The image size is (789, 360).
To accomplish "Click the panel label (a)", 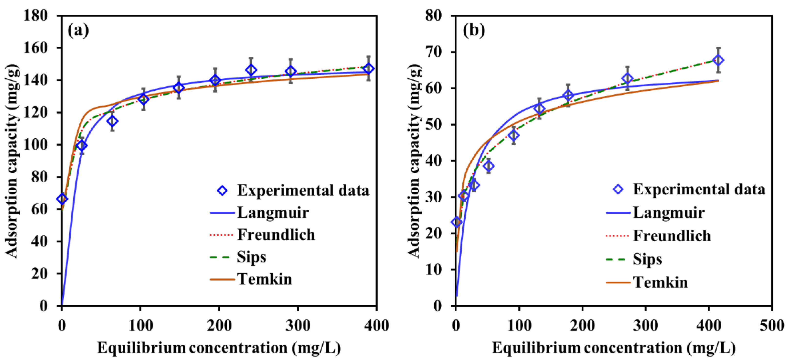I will click(78, 31).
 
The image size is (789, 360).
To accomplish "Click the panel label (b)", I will click(474, 31).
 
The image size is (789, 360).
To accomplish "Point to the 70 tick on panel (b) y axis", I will click(433, 52).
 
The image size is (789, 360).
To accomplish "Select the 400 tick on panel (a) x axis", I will click(376, 325).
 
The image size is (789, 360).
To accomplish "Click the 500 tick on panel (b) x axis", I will click(772, 325).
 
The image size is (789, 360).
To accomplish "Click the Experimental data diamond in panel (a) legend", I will click(222, 191).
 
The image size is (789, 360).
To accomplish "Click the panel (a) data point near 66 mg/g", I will click(62, 199).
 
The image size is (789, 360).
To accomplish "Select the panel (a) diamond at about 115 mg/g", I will click(112, 121).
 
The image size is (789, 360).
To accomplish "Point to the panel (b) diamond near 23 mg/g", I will click(457, 222).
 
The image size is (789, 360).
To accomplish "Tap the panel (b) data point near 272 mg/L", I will click(628, 79).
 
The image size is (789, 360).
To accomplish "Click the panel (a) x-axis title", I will click(219, 348).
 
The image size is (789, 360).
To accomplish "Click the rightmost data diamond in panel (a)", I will click(369, 69).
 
